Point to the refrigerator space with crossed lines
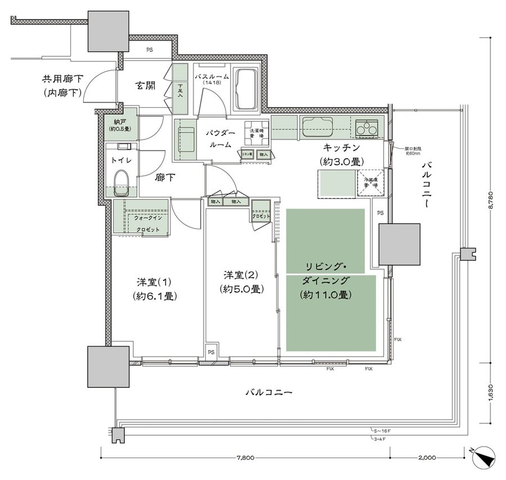[371, 181]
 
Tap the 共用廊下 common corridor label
[63, 85]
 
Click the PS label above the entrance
[149, 50]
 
